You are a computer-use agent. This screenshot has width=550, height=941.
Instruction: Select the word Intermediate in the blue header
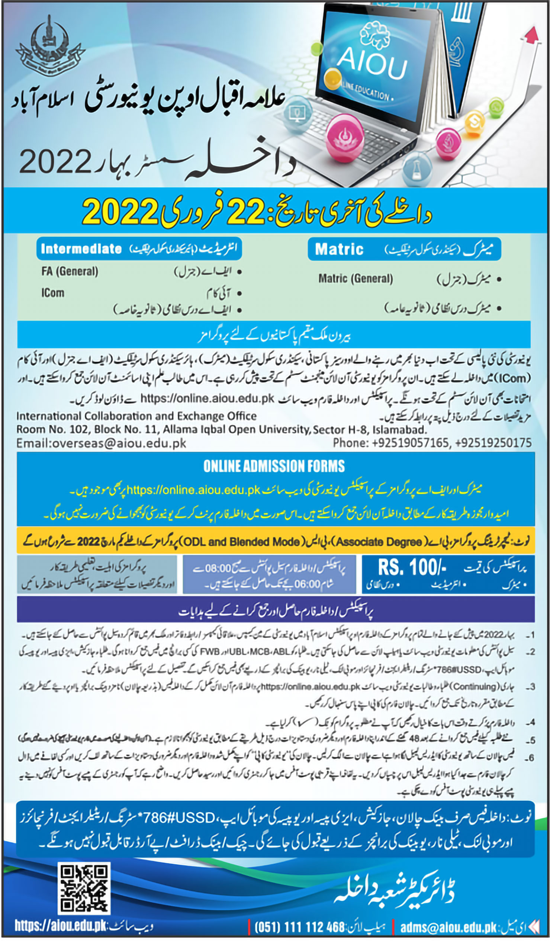81,249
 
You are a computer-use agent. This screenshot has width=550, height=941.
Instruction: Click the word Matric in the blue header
339,249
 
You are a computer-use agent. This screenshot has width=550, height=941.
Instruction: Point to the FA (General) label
70,271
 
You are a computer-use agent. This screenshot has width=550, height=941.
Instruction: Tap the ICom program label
52,293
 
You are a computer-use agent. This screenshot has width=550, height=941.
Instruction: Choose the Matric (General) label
355,279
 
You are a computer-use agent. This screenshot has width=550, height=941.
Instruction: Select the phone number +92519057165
410,443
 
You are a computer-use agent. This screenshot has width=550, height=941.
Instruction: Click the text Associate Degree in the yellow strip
379,541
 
